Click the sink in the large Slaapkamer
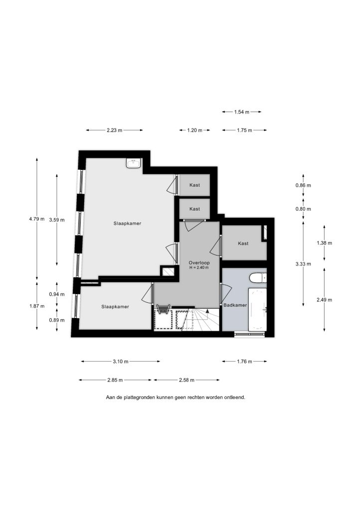tap(134, 163)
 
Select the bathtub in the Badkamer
tap(257, 309)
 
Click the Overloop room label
tap(199, 262)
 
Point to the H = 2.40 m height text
tap(199, 267)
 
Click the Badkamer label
tap(235, 305)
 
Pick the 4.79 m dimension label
tap(37, 219)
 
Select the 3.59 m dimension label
tap(57, 220)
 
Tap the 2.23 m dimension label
tap(115, 130)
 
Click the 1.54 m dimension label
tap(241, 112)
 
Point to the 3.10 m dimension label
tap(121, 362)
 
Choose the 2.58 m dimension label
tap(186, 380)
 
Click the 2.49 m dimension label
tap(324, 300)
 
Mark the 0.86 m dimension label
tap(303, 185)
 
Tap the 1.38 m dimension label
tap(324, 243)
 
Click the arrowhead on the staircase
tap(207, 311)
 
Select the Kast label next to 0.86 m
tap(194, 185)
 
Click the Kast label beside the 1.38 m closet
tap(243, 243)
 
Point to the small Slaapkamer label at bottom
tap(115, 307)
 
